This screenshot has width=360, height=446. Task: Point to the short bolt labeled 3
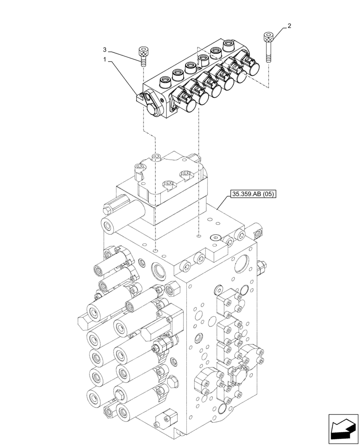pos(143,56)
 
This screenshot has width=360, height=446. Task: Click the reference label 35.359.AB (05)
pos(252,194)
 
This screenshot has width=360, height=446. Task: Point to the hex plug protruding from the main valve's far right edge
pos(262,268)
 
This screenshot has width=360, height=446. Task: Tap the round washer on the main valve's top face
pos(217,238)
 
